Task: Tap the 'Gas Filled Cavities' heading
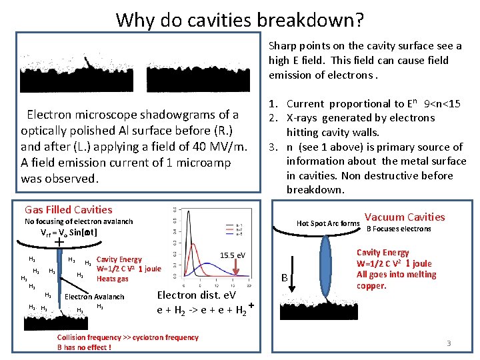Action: (68, 209)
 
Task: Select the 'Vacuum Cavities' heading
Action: (405, 217)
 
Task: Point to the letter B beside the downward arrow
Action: (283, 277)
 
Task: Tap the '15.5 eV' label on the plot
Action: (232, 255)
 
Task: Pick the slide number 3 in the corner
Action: (449, 343)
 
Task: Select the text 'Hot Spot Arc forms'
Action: (328, 223)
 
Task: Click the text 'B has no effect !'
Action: (84, 347)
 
